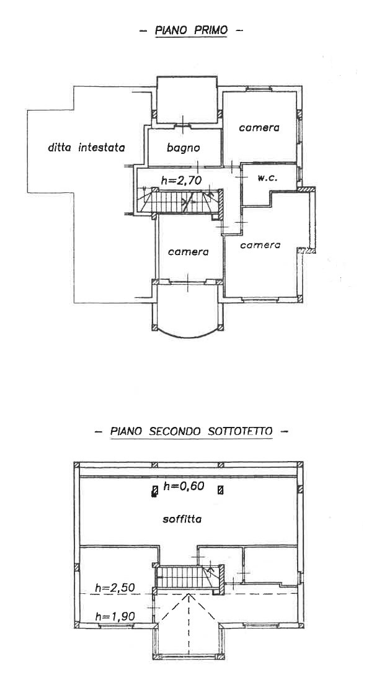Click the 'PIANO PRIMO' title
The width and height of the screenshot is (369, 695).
190,30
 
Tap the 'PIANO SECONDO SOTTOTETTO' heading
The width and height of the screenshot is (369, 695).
191,431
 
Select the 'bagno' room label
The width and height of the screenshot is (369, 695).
184,148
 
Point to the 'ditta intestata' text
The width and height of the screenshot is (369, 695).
86,148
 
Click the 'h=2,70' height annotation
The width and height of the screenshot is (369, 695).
182,180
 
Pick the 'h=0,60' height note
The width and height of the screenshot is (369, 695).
184,486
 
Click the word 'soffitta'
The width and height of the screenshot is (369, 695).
182,519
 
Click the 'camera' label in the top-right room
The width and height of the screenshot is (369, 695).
259,128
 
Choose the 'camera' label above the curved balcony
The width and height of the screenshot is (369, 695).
189,252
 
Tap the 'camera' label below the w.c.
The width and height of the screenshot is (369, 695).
260,244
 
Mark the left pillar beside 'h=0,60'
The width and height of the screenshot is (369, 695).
155,491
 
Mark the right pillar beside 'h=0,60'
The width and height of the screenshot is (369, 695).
221,490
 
